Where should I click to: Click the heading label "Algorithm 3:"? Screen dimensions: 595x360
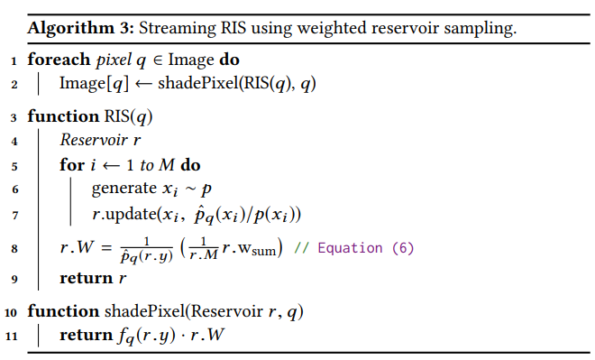pos(81,29)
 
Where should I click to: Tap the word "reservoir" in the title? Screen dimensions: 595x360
pos(405,29)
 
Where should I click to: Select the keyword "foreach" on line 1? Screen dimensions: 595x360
pos(59,60)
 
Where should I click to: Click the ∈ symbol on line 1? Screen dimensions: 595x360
pos(157,60)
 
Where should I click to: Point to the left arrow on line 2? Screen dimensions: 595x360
pos(143,84)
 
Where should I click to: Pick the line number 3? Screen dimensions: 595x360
pos(14,117)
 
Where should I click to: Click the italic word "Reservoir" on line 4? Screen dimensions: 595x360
pos(94,140)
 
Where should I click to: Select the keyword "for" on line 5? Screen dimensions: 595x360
pos(72,165)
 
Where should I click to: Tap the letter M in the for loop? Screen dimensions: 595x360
pos(167,165)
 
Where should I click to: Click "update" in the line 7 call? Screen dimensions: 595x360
pos(131,215)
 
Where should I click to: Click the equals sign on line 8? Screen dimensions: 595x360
pos(106,248)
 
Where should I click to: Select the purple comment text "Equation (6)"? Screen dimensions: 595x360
pos(366,248)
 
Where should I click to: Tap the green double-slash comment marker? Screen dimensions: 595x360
pos(302,248)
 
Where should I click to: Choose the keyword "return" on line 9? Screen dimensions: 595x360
pos(87,279)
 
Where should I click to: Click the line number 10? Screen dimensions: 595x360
pos(11,312)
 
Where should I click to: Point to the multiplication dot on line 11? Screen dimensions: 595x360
pos(182,336)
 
